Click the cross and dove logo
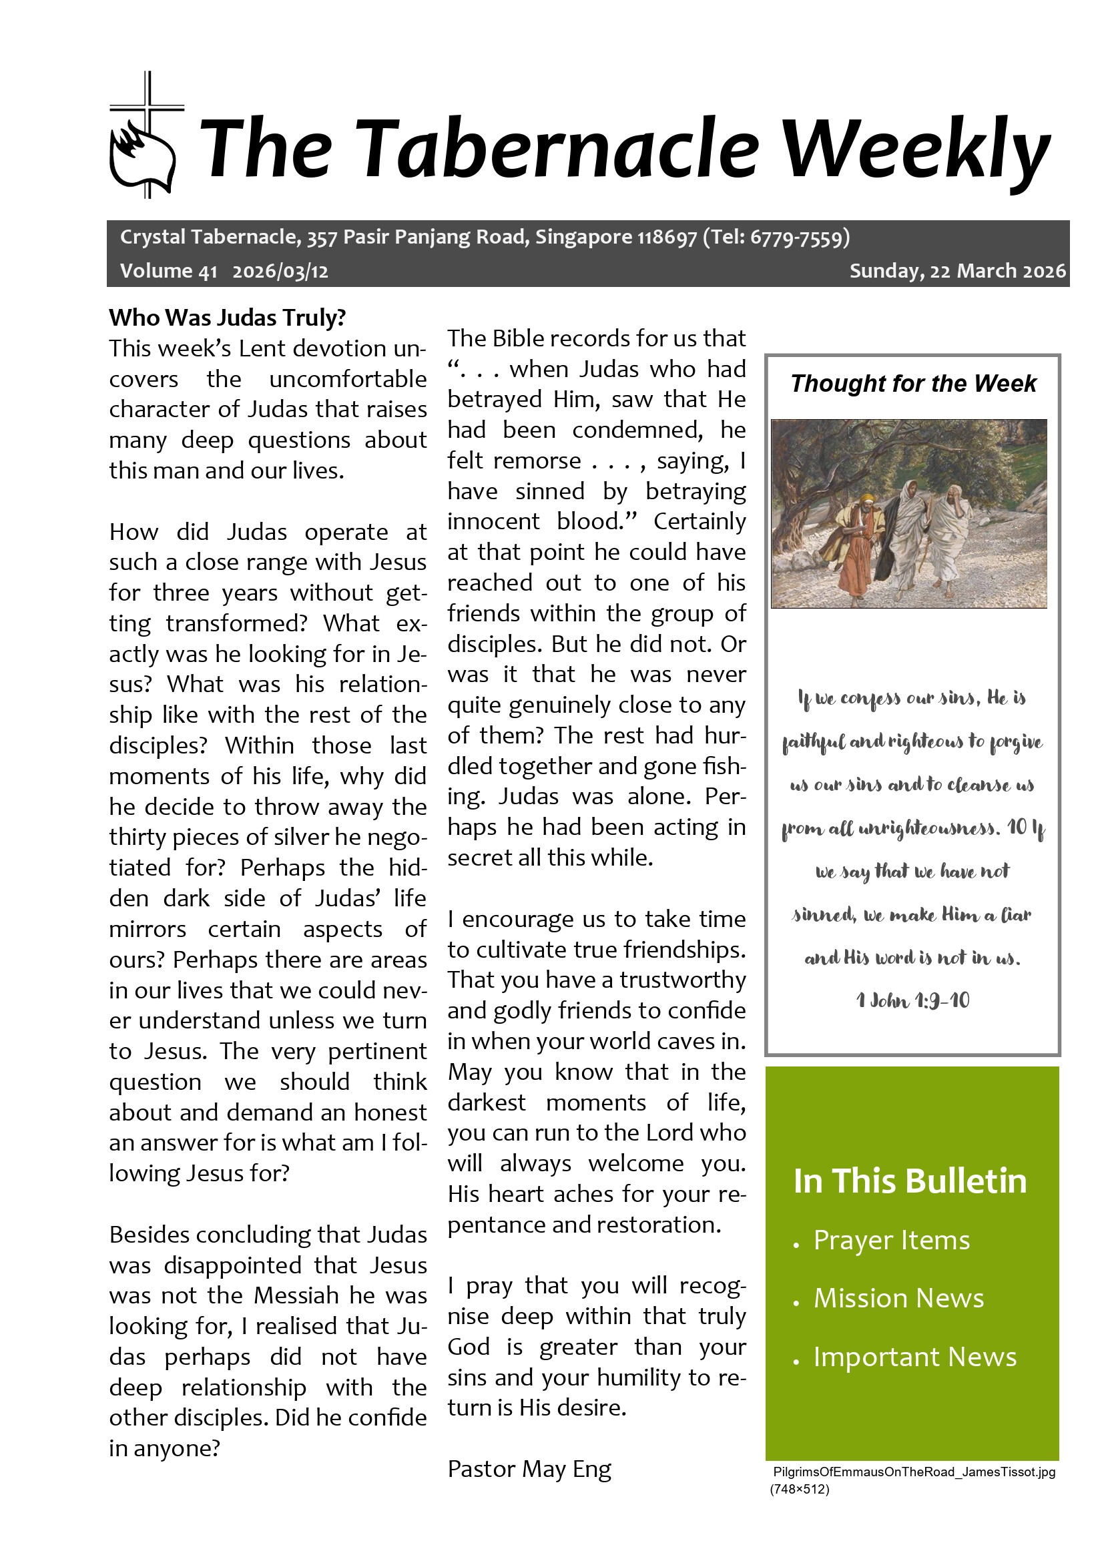click(x=144, y=136)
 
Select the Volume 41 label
click(x=168, y=271)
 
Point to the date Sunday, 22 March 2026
click(x=957, y=271)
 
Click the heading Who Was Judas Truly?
click(x=228, y=318)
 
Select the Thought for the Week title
click(x=913, y=384)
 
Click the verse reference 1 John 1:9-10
click(x=912, y=1000)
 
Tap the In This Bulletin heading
click(x=910, y=1181)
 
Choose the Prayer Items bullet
click(x=891, y=1241)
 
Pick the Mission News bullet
click(x=898, y=1299)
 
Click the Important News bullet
click(x=914, y=1357)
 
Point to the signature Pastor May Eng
click(x=529, y=1469)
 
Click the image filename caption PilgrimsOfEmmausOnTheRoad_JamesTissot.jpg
click(x=914, y=1472)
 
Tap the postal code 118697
click(x=666, y=238)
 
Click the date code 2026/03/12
click(x=280, y=271)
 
